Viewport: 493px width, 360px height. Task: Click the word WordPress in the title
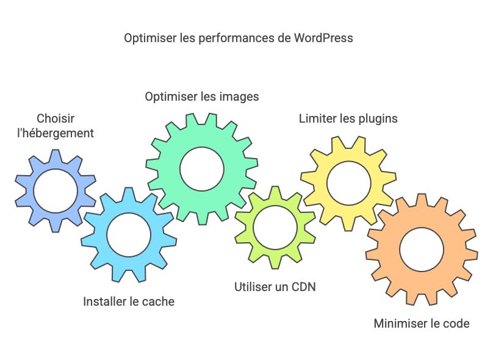pos(323,38)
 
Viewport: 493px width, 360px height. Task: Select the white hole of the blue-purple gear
pos(56,192)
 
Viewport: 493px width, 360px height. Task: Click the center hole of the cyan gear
pos(129,235)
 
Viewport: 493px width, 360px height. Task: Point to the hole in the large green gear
pos(202,168)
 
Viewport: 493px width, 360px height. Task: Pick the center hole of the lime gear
pos(275,228)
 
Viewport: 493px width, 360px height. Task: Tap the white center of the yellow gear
pos(348,182)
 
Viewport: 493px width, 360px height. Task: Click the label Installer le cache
pos(129,301)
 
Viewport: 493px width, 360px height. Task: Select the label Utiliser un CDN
pos(275,286)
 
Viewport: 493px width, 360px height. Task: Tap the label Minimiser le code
pos(422,323)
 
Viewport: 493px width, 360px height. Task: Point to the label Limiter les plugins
pos(348,118)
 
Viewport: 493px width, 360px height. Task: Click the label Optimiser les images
pos(202,96)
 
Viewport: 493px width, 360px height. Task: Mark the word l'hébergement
pos(56,133)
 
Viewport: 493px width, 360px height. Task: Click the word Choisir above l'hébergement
pos(56,118)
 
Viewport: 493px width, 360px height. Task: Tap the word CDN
pos(303,286)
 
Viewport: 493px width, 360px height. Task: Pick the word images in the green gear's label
pos(239,96)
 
